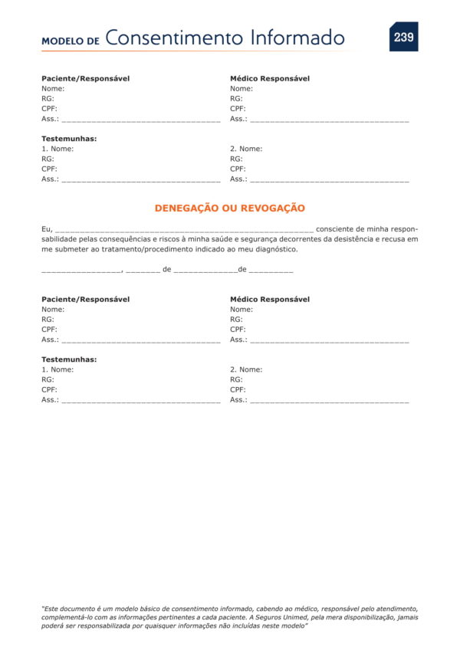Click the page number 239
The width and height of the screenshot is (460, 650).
pyautogui.click(x=403, y=37)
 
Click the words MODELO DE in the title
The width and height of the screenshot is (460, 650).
pyautogui.click(x=71, y=41)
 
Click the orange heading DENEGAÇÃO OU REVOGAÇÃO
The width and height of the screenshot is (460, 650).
pyautogui.click(x=230, y=208)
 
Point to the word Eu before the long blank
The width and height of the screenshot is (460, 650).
pyautogui.click(x=46, y=229)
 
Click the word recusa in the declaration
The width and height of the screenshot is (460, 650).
pyautogui.click(x=392, y=239)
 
